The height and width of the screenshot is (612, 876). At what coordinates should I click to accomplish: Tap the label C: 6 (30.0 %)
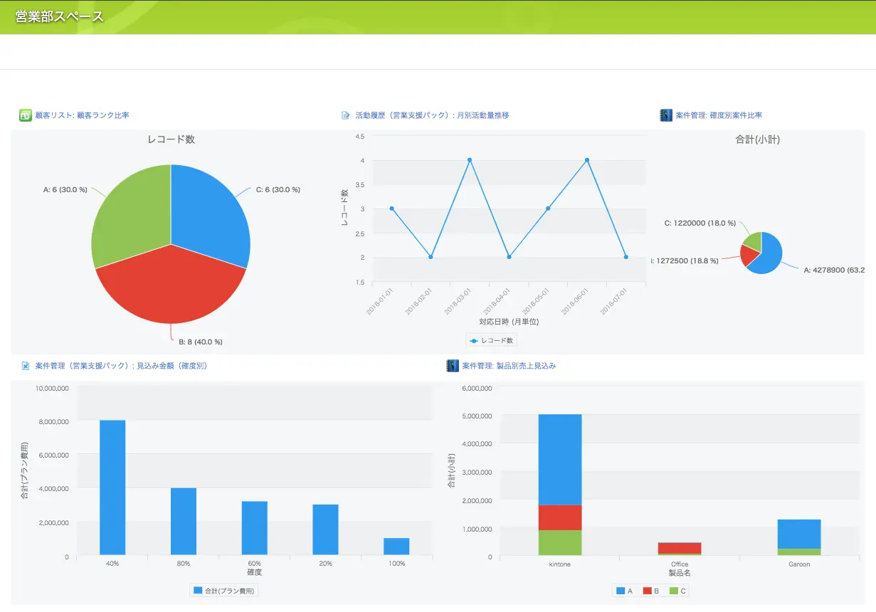(278, 190)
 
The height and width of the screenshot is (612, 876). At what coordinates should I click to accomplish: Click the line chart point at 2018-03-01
(470, 160)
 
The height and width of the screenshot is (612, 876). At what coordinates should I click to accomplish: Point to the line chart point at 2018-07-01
(626, 257)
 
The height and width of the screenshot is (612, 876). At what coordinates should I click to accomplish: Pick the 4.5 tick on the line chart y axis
(359, 136)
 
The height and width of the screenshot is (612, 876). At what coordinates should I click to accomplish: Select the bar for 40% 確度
(112, 487)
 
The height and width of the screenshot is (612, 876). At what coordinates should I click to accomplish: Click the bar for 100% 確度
(396, 547)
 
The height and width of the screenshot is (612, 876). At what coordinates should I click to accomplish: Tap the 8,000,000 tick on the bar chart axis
(53, 422)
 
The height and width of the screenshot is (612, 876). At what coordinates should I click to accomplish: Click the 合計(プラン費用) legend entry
(224, 591)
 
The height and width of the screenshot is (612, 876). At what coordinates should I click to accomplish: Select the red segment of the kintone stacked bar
(560, 517)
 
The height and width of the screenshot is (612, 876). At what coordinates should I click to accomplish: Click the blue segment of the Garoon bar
(799, 534)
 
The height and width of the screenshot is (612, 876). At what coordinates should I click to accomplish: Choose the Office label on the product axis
(680, 564)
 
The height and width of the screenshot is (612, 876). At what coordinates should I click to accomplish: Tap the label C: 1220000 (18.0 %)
(700, 223)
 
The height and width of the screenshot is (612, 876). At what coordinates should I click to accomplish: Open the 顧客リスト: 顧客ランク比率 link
(82, 115)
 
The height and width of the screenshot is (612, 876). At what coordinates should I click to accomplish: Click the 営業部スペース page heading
(60, 16)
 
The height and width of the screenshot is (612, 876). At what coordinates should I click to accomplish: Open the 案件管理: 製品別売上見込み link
(509, 366)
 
